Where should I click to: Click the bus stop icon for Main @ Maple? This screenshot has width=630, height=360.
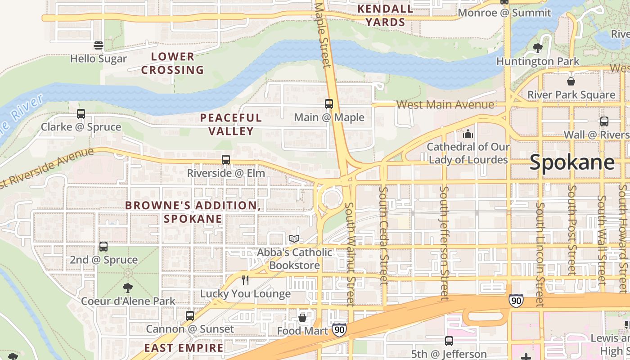click(x=329, y=104)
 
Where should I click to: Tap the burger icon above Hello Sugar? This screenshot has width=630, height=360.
click(x=99, y=45)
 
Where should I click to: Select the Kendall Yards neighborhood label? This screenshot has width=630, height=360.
click(x=385, y=15)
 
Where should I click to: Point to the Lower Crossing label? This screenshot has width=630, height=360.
click(x=173, y=63)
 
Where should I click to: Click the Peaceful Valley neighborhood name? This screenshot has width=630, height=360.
click(x=230, y=124)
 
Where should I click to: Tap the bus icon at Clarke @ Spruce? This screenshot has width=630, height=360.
click(x=81, y=114)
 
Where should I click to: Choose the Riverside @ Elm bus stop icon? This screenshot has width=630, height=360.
click(x=226, y=160)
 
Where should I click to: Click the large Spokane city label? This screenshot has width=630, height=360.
click(x=572, y=162)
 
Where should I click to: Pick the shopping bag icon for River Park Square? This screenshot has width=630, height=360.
click(x=571, y=81)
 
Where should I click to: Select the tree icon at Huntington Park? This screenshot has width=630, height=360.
click(x=537, y=48)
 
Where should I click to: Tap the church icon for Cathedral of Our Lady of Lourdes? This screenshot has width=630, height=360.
click(x=468, y=134)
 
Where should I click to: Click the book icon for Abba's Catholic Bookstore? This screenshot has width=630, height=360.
click(x=294, y=239)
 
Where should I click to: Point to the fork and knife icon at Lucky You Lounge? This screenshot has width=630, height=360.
click(x=245, y=280)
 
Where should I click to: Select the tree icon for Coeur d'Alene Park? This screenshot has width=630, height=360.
click(x=128, y=288)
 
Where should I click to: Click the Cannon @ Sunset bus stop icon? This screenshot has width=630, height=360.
click(x=190, y=316)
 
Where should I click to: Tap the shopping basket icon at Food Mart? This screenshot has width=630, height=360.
click(x=302, y=318)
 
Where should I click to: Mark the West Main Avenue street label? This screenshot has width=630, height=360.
click(x=445, y=105)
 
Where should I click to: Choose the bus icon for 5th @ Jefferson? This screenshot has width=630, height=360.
click(x=449, y=341)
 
